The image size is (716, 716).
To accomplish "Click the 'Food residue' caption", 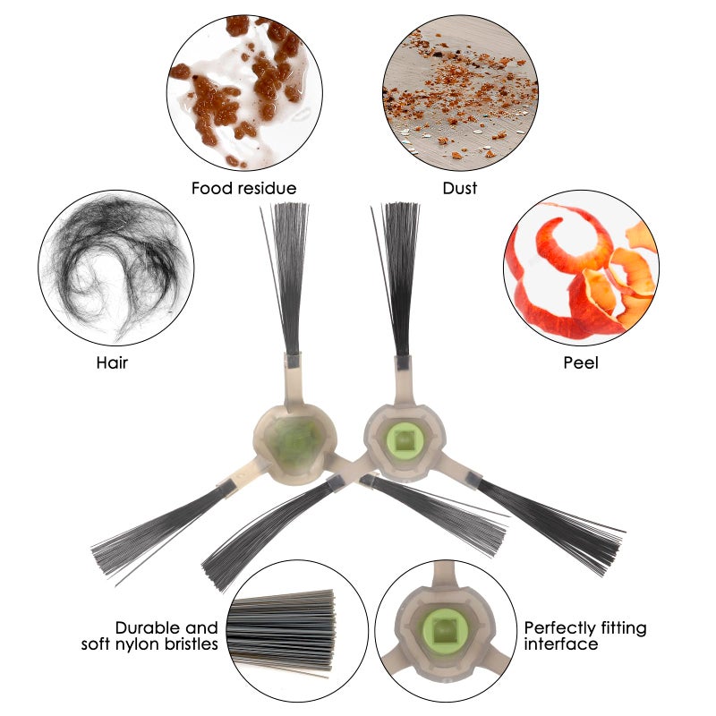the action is pos(243,188).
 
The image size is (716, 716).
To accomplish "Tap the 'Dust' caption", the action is pos(460,188).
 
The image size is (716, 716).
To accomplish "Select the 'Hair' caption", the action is pos(113,363).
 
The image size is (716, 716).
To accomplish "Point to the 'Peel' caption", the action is pos(581,363).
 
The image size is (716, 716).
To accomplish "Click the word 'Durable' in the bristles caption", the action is pos(148,628).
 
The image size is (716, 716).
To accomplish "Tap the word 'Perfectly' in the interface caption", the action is pos(558,629).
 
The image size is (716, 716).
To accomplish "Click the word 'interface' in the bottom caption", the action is pos(561,644).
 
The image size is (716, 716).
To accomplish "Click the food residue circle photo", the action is pos(244,93).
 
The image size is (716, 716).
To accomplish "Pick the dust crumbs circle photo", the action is pos(460,93).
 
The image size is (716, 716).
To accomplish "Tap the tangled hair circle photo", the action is pos(116,268).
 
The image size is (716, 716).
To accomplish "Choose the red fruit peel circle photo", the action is pos(581,268).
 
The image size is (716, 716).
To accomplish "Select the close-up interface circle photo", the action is pos(446,632).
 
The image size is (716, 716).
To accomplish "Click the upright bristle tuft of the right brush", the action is pos(396,279).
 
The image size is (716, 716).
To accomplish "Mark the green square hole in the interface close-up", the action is pos(441,631).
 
